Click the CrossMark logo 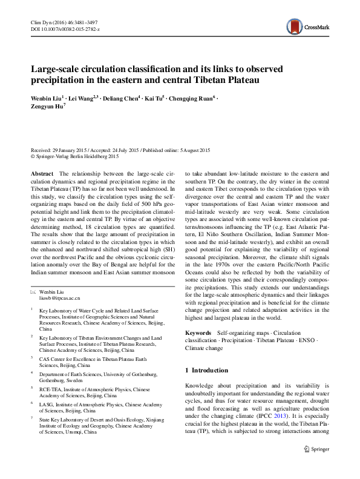(x=305, y=25)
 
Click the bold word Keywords (x=198, y=332)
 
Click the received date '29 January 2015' (x=71, y=150)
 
